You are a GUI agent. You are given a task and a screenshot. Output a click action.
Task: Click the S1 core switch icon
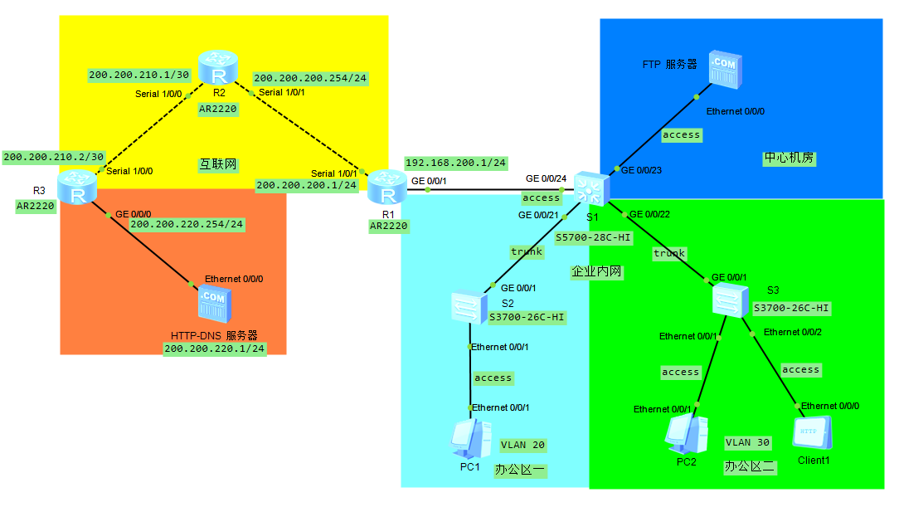591,190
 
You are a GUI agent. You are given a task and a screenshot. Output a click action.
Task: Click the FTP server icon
723,71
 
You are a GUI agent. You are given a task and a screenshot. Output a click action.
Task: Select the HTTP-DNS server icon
213,305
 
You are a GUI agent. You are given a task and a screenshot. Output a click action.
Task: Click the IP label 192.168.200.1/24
457,163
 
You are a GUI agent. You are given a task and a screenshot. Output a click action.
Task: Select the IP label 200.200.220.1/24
215,349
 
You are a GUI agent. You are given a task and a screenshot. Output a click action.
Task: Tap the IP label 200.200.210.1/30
139,75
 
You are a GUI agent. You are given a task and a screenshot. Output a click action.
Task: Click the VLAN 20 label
522,445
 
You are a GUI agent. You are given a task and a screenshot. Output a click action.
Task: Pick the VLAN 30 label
748,442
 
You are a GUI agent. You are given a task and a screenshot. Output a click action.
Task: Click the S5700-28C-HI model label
594,237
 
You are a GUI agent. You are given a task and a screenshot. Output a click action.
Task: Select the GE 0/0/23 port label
641,170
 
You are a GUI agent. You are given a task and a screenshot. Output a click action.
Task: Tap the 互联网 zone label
218,164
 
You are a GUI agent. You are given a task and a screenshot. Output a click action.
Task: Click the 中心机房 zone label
789,158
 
